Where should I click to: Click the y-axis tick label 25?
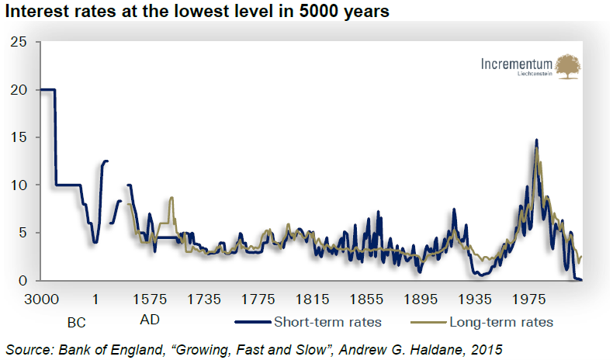pos(19,42)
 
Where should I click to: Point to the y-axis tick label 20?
pos(19,90)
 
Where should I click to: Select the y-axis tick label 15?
pos(19,137)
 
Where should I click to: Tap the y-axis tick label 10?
pos(19,185)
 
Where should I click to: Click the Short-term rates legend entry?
pos(327,321)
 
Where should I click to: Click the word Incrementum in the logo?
pos(516,64)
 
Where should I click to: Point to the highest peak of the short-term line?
pos(536,140)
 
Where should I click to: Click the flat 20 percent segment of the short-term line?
pos(47,90)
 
